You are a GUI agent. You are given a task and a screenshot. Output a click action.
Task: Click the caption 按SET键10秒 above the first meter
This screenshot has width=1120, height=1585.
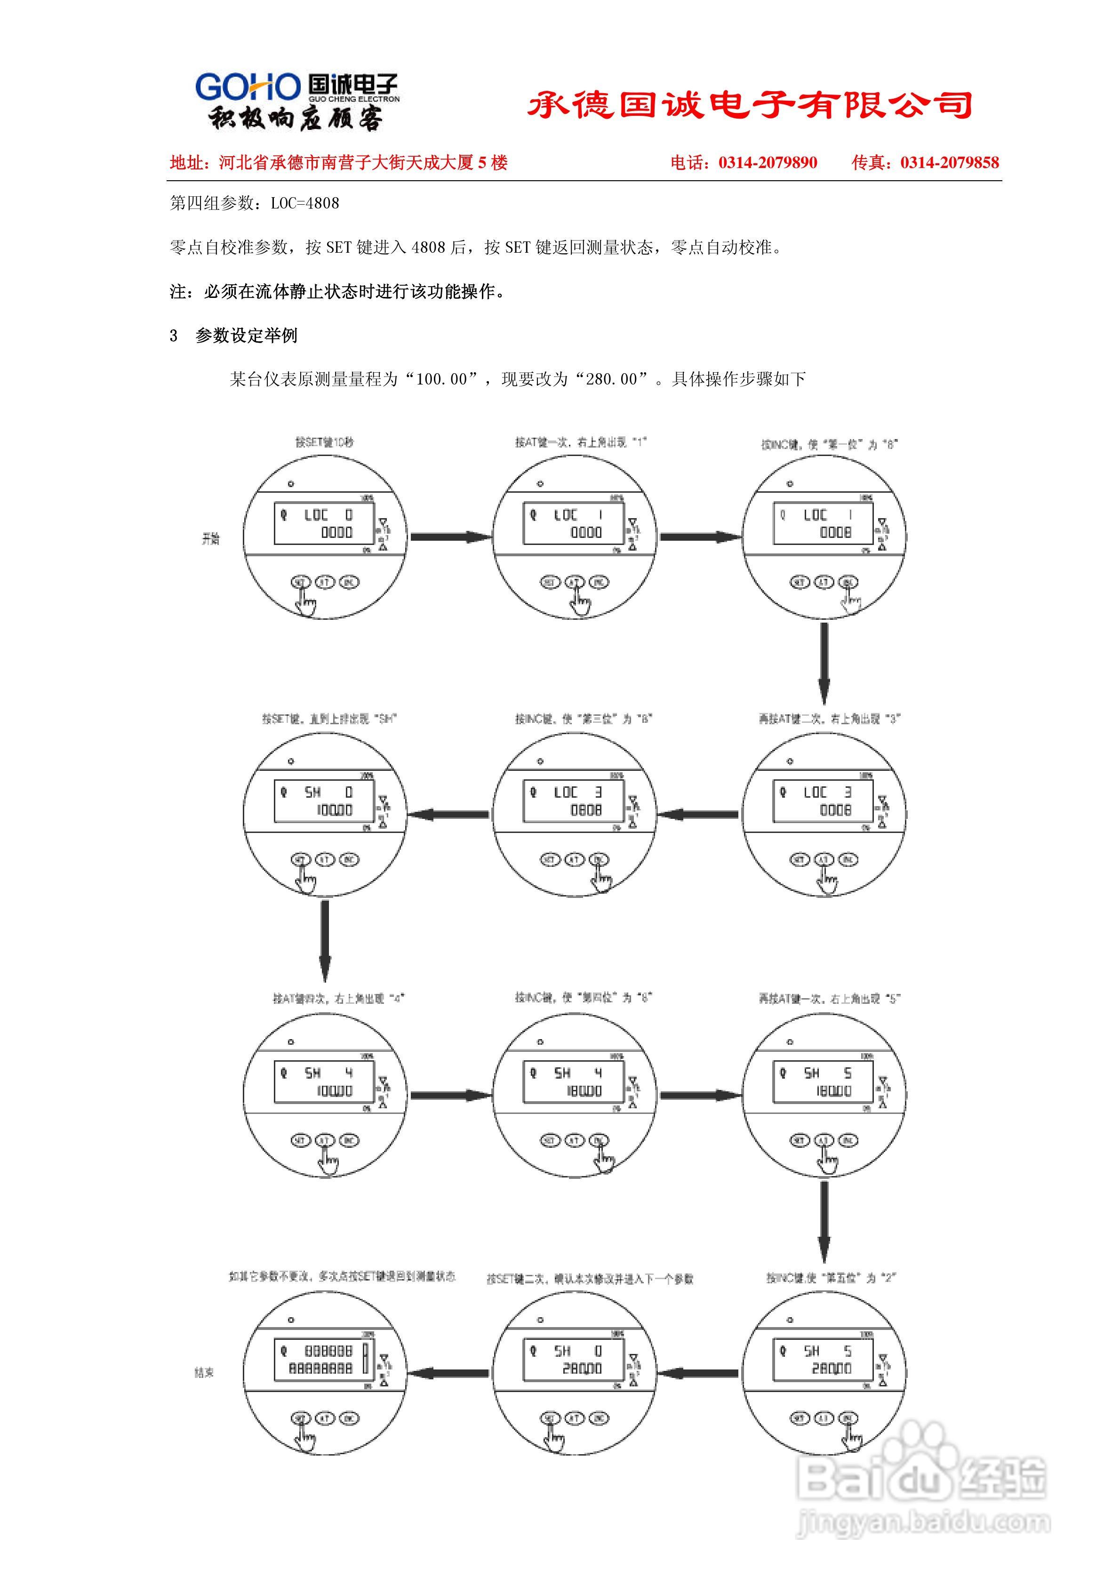(325, 442)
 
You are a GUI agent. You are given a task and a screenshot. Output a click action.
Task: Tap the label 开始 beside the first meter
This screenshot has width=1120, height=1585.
(211, 539)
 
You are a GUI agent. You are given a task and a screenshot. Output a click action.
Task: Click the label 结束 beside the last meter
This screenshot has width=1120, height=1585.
(204, 1372)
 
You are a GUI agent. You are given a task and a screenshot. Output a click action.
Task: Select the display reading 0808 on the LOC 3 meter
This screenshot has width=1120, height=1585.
(585, 810)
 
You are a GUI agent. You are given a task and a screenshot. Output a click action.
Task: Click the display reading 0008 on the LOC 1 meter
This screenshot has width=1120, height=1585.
(835, 532)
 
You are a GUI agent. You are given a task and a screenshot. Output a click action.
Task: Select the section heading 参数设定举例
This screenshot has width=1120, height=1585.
(247, 336)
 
